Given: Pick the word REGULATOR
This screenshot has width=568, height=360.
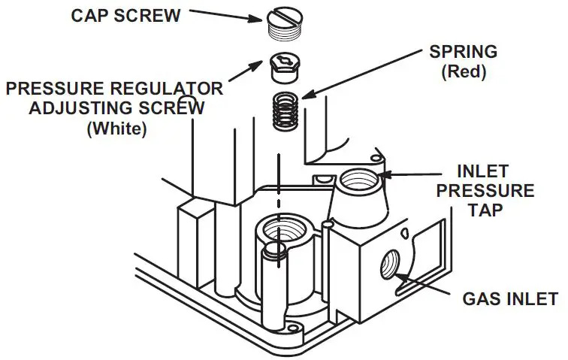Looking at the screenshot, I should click(165, 89).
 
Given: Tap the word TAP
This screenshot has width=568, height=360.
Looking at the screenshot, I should click(492, 211).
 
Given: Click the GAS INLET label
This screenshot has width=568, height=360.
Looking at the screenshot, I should click(500, 299).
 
